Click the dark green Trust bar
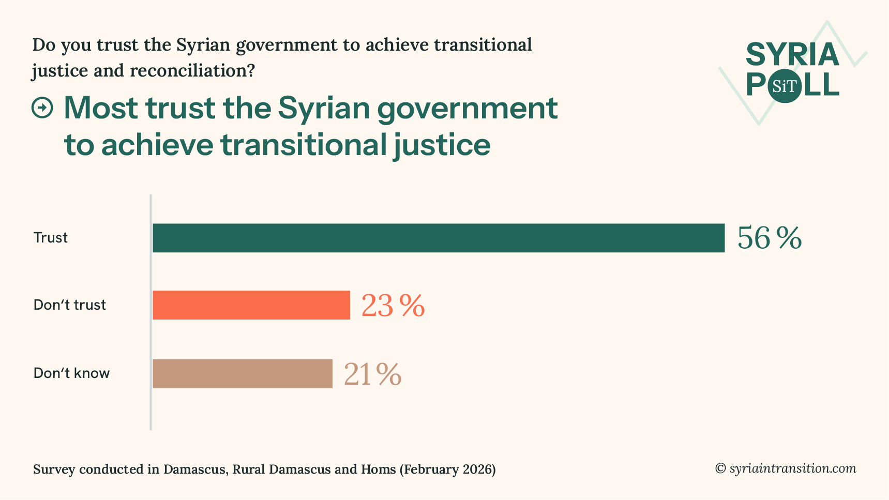(439, 238)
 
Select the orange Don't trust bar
(251, 305)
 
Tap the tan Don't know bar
(243, 373)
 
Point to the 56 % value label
(769, 238)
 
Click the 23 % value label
(393, 306)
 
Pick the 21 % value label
(372, 374)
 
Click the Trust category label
(51, 238)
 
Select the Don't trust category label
(70, 305)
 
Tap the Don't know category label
(72, 373)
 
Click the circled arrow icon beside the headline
(42, 108)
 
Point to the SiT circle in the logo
(785, 86)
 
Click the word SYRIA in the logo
(792, 55)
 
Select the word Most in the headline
(101, 108)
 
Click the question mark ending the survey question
(251, 71)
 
